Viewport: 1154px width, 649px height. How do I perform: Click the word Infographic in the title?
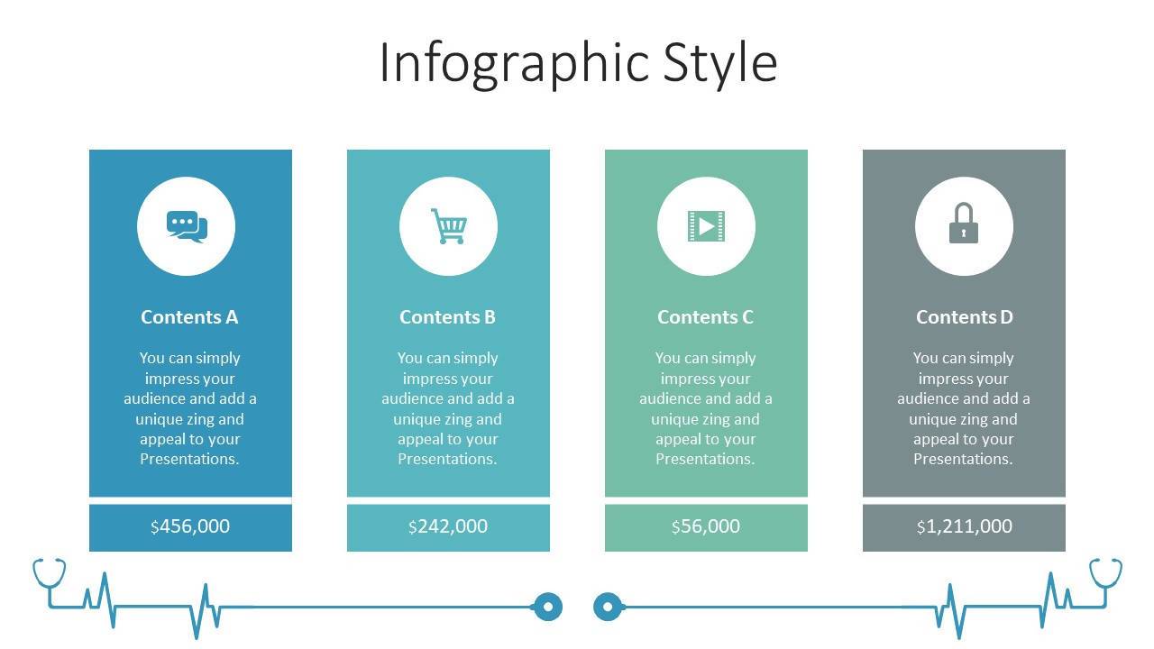click(514, 64)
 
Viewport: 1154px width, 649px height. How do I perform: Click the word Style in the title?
click(720, 64)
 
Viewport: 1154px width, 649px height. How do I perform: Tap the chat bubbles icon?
click(187, 226)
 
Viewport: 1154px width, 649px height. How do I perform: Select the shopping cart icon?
click(449, 226)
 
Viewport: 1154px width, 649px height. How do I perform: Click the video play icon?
click(706, 226)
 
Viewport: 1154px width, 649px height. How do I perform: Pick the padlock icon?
click(964, 223)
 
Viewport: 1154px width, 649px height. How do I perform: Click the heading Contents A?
click(189, 316)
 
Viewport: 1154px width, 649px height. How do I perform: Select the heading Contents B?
click(447, 316)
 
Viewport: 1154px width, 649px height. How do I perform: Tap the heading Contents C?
click(705, 316)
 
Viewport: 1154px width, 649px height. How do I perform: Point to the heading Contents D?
click(965, 316)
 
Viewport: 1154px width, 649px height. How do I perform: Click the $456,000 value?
click(190, 526)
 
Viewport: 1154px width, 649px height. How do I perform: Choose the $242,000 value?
click(448, 526)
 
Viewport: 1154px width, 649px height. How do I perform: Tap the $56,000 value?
click(706, 526)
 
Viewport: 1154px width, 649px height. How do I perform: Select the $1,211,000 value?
click(965, 526)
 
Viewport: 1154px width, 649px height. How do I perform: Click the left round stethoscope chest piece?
click(547, 607)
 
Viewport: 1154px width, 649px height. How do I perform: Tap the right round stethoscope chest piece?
click(608, 607)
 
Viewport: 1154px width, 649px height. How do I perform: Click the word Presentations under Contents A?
click(189, 459)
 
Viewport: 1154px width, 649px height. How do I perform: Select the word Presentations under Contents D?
click(964, 459)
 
